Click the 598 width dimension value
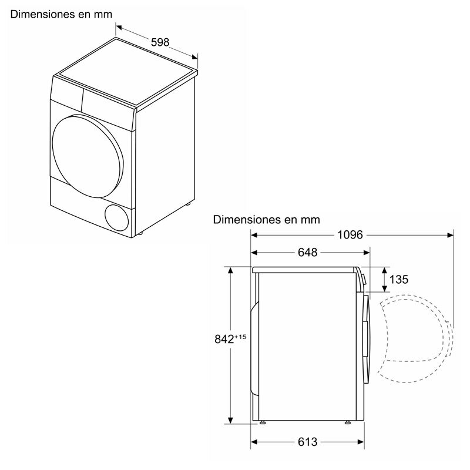point(159,42)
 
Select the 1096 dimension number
point(352,235)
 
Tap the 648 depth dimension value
point(307,253)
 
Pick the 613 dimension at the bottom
point(307,442)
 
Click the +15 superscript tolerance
point(240,335)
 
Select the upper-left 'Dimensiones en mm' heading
point(61,12)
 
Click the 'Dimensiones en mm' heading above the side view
point(267,220)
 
